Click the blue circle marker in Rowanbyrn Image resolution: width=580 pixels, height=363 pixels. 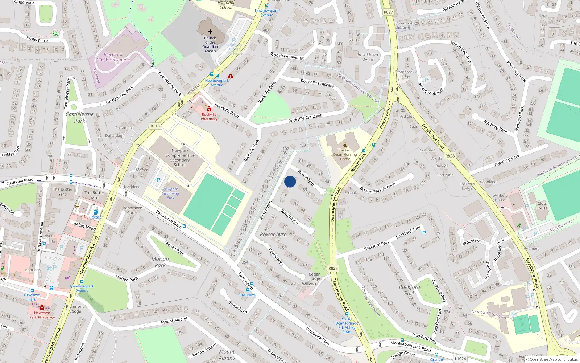pyautogui.click(x=290, y=181)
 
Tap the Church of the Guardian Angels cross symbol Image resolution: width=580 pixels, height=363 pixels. pyautogui.click(x=210, y=32)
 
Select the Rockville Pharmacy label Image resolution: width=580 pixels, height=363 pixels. pyautogui.click(x=209, y=117)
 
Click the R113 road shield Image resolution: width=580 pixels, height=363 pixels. pyautogui.click(x=155, y=126)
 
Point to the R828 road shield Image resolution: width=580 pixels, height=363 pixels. pyautogui.click(x=450, y=156)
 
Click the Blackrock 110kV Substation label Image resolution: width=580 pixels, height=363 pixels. pyautogui.click(x=113, y=57)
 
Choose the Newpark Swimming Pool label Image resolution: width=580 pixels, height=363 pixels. pyautogui.click(x=170, y=193)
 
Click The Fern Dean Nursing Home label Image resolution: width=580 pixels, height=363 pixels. pyautogui.click(x=345, y=154)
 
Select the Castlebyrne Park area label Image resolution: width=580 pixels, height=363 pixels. pyautogui.click(x=80, y=118)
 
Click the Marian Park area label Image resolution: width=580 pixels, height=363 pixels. pyautogui.click(x=160, y=262)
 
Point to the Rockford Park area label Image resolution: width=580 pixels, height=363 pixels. pyautogui.click(x=410, y=290)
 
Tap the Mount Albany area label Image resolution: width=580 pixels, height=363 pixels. pyautogui.click(x=227, y=355)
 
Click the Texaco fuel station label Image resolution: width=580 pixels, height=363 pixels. pyautogui.click(x=96, y=217)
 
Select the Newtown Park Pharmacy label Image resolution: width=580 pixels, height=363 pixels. pyautogui.click(x=42, y=315)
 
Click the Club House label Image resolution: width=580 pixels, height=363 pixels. pyautogui.click(x=542, y=205)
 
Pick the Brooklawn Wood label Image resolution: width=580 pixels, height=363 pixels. pyautogui.click(x=368, y=57)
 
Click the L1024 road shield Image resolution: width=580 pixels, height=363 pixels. pyautogui.click(x=460, y=359)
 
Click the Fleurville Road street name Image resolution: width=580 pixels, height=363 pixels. pyautogui.click(x=20, y=181)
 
